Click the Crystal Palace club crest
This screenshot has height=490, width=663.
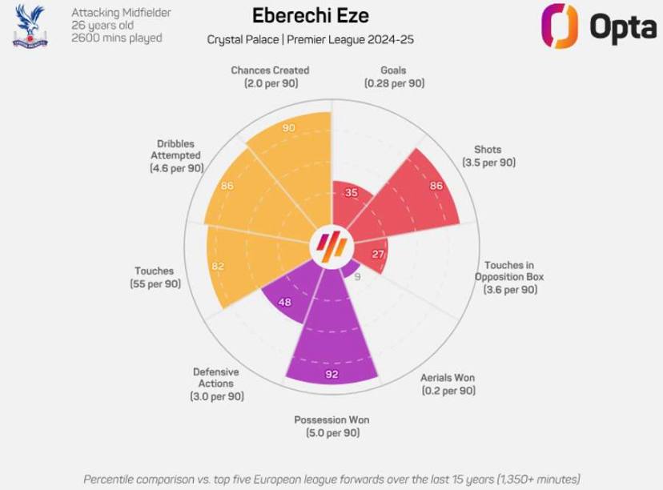[x=30, y=26]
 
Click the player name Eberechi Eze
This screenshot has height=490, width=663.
[x=310, y=16]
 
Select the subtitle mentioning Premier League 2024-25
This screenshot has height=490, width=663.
[x=310, y=39]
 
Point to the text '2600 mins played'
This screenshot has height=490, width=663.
[x=117, y=38]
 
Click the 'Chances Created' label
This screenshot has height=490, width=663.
[x=270, y=70]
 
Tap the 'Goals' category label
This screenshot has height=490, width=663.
[x=393, y=70]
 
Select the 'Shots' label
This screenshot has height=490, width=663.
[x=488, y=150]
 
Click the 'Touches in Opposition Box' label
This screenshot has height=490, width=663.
[x=509, y=277]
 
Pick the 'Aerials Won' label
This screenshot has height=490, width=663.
[x=448, y=378]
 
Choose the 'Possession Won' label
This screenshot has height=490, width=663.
[x=331, y=420]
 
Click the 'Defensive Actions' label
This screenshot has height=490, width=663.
[x=216, y=378]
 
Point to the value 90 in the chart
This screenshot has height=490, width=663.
[x=288, y=127]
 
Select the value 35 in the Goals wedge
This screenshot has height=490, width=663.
[x=351, y=192]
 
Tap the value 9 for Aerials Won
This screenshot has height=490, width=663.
[x=357, y=277]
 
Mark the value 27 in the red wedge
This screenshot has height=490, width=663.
[x=378, y=254]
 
